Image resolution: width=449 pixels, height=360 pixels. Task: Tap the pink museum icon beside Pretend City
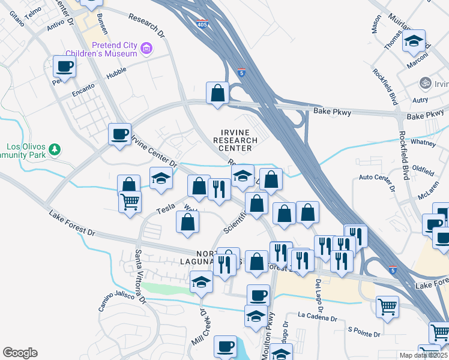point(146,47)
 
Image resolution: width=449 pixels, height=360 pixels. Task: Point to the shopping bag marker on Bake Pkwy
point(217,94)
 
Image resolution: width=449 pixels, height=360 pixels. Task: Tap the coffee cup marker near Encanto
point(64,67)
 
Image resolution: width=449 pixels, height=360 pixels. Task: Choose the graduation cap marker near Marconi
point(414,41)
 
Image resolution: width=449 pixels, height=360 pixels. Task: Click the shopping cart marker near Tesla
point(129,202)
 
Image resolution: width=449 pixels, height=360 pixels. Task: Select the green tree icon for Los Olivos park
point(55,149)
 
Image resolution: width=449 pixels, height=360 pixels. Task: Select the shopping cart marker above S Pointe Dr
point(387,307)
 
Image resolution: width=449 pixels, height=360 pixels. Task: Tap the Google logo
point(20,353)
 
